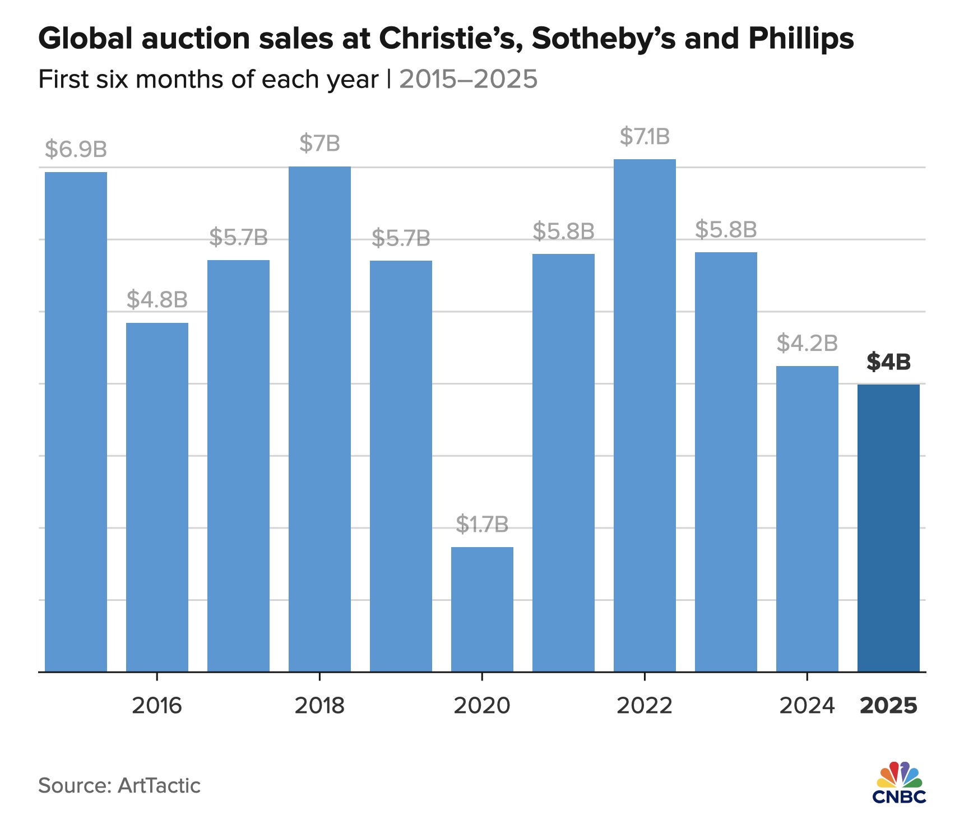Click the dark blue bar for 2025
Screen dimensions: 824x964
(888, 527)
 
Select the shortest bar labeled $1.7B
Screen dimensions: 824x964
(482, 609)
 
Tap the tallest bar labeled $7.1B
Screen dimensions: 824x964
(645, 415)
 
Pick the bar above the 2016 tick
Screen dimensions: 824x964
(157, 497)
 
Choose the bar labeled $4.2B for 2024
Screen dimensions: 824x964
(807, 519)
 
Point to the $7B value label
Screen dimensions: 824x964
(319, 143)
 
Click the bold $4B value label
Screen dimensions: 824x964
(888, 362)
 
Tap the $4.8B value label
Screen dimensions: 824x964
(157, 299)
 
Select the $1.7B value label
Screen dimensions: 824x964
(482, 524)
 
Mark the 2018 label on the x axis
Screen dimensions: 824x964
(319, 705)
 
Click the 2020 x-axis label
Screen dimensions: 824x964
(482, 705)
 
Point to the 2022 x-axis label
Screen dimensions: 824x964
(645, 705)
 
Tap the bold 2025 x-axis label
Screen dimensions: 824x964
(888, 705)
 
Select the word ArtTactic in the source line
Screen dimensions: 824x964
(159, 785)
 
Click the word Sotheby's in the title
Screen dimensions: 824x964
(603, 38)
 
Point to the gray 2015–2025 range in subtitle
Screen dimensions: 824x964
(468, 79)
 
